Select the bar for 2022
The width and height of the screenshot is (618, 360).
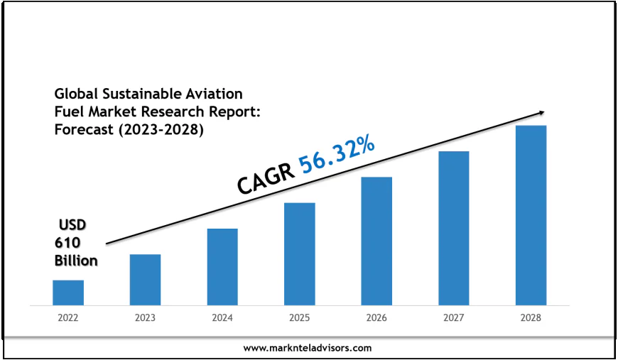68,293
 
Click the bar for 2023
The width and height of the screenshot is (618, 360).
145,280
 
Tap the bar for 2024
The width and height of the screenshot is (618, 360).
222,267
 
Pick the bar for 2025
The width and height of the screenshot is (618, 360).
300,254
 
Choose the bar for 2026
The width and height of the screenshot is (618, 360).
376,241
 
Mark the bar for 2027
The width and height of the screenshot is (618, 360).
454,228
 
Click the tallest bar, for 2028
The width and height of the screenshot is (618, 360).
531,215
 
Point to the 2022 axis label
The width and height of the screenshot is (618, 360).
68,318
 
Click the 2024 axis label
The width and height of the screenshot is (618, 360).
222,318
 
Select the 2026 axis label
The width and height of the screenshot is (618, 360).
376,318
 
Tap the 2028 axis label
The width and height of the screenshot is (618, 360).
531,318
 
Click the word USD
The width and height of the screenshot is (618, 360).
72,224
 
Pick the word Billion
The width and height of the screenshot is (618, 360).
76,261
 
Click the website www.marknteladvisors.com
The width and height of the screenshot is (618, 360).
308,348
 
